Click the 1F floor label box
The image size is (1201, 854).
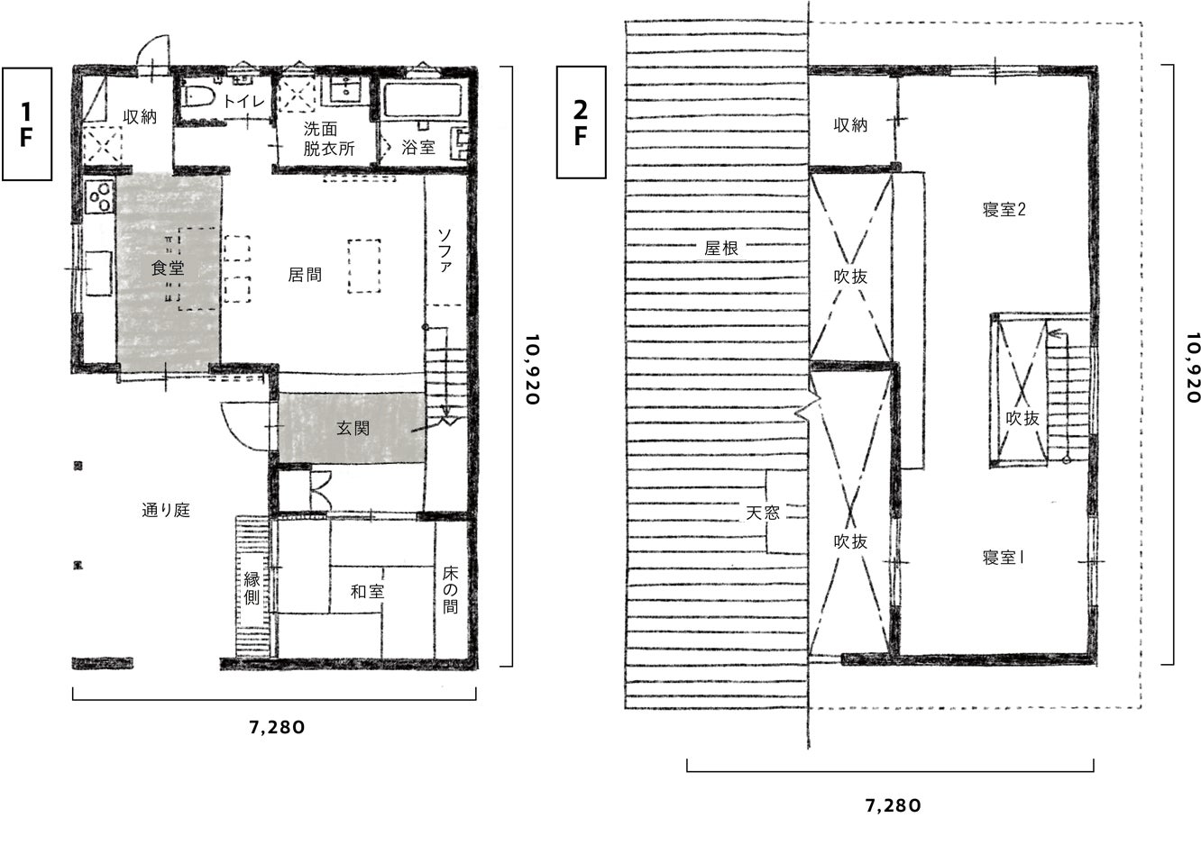27,123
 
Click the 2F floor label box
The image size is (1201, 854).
582,123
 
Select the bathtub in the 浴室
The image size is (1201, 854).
423,102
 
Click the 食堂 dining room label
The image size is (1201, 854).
168,268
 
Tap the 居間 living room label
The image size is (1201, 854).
305,275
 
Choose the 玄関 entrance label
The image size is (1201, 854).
353,428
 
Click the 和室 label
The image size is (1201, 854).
367,592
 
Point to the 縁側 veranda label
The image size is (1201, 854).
252,587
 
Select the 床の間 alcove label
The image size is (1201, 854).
451,590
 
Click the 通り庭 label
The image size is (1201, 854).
166,510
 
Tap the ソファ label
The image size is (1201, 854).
445,250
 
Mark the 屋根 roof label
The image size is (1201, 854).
721,248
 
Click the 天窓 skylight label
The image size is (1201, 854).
763,513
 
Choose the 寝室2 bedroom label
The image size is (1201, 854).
1004,209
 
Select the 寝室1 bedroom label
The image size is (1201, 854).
1003,558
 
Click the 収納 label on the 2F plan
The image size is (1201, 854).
850,125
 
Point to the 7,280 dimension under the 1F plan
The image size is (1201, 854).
277,728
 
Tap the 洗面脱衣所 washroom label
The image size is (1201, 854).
329,139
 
